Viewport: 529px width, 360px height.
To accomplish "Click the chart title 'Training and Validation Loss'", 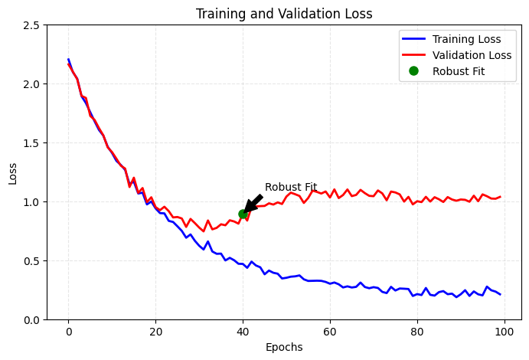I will (x=284, y=14).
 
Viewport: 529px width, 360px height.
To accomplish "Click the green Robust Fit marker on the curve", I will (x=243, y=214).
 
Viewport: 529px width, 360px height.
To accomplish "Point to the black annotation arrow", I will (x=253, y=204).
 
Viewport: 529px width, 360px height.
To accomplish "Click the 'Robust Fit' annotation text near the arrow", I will (x=291, y=187).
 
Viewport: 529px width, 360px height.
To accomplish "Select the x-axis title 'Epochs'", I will (x=284, y=347).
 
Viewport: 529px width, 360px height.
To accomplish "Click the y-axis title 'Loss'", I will (x=13, y=172).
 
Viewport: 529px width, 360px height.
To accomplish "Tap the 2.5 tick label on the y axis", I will (x=32, y=25).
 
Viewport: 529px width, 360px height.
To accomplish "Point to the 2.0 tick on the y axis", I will (x=32, y=84).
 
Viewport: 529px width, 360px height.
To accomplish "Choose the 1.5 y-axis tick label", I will (x=32, y=143).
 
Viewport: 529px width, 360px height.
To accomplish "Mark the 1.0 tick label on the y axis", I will (x=32, y=202).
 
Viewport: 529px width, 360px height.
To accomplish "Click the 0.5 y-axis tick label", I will (x=32, y=261).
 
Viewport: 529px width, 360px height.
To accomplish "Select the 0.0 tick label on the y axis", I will (x=32, y=320).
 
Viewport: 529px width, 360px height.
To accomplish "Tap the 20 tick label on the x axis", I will (x=155, y=332).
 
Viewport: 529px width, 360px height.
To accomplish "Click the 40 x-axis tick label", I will (x=243, y=332).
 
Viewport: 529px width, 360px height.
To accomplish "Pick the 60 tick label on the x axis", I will (x=330, y=332).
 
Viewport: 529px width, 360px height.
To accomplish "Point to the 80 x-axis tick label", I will (x=417, y=332).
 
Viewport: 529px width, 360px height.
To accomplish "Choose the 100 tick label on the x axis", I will (x=505, y=332).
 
